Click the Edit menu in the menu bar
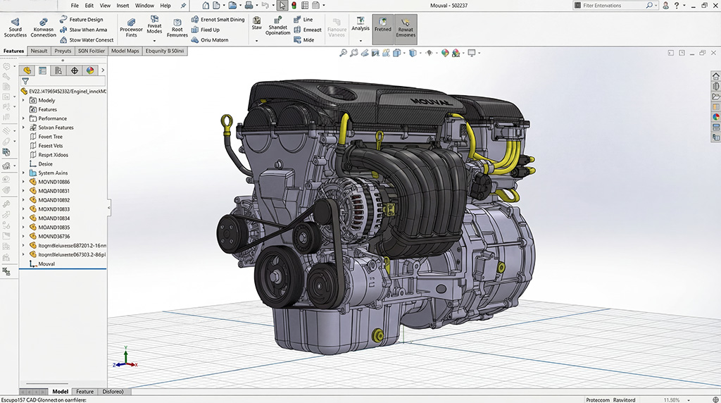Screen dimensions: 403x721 point(89,5)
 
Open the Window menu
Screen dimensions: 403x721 point(144,5)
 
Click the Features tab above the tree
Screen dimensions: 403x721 point(13,51)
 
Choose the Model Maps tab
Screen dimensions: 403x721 point(125,51)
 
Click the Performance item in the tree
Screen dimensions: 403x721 point(53,118)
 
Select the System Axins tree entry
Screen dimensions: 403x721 point(53,173)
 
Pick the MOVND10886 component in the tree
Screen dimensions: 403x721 point(54,182)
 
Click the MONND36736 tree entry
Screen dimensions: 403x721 point(54,237)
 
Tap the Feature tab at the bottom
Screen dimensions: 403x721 point(84,392)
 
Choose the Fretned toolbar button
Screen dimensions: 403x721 point(383,29)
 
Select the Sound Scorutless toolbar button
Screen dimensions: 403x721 point(15,29)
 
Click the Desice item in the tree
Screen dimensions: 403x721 point(45,163)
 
